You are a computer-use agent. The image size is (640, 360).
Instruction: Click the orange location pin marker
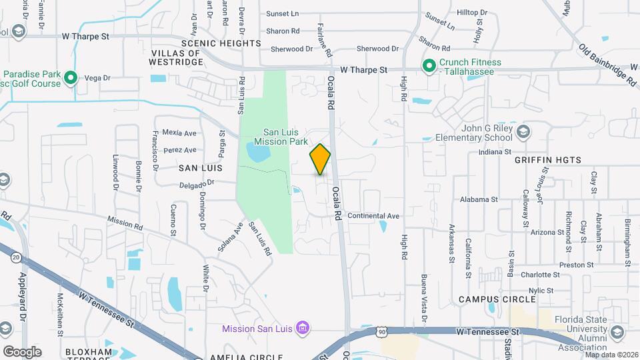(x=320, y=159)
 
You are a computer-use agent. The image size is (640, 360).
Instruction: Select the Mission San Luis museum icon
(x=303, y=328)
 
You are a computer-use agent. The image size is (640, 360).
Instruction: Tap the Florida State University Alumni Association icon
(x=617, y=332)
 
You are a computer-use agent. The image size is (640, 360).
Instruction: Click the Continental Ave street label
(x=373, y=216)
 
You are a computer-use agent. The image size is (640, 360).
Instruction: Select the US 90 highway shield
(x=381, y=331)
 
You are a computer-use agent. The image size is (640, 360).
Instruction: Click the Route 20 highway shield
(x=15, y=257)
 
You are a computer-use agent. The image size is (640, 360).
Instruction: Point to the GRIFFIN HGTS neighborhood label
(x=548, y=160)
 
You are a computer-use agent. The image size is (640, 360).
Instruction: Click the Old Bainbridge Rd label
(x=608, y=66)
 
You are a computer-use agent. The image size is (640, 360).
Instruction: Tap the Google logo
(x=22, y=351)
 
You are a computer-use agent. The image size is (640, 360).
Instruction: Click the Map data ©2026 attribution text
(x=610, y=355)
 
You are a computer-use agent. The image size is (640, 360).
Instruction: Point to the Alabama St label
(x=479, y=199)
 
